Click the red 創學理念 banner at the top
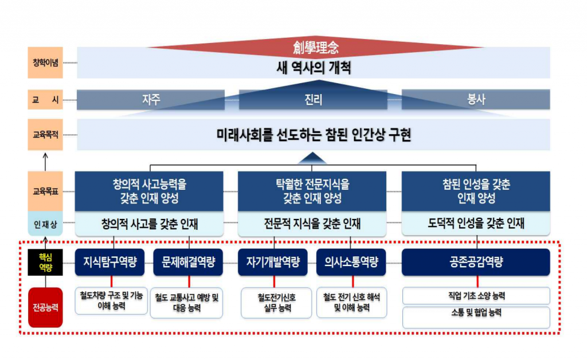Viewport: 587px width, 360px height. pyautogui.click(x=315, y=48)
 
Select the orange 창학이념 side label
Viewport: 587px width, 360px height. pyautogui.click(x=45, y=62)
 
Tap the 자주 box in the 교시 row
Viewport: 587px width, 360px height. pyautogui.click(x=151, y=100)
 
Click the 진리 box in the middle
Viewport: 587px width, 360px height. pyautogui.click(x=313, y=100)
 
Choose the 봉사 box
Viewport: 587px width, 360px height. pyautogui.click(x=476, y=100)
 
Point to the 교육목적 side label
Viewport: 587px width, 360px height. pyautogui.click(x=45, y=135)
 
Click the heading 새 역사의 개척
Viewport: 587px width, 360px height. pyautogui.click(x=314, y=68)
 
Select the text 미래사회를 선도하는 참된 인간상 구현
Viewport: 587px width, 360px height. pyautogui.click(x=314, y=135)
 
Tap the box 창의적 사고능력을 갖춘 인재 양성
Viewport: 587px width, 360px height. pyautogui.click(x=149, y=191)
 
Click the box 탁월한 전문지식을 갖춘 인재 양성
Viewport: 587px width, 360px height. pyautogui.click(x=312, y=191)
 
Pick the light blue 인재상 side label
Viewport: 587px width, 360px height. pyautogui.click(x=45, y=224)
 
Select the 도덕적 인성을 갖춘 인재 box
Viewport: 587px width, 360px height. pyautogui.click(x=476, y=224)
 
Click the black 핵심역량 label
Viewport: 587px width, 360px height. pyautogui.click(x=45, y=263)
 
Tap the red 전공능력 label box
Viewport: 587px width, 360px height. pyautogui.click(x=45, y=308)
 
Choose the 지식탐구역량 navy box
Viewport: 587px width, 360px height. pyautogui.click(x=109, y=263)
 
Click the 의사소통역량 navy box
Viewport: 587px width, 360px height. pyautogui.click(x=351, y=263)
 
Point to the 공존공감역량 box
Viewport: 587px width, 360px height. pyautogui.click(x=476, y=263)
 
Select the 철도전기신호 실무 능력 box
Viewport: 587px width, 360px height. pyautogui.click(x=276, y=303)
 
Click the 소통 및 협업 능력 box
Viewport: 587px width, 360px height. pyautogui.click(x=476, y=318)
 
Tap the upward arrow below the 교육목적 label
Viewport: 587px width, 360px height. pyautogui.click(x=45, y=162)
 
